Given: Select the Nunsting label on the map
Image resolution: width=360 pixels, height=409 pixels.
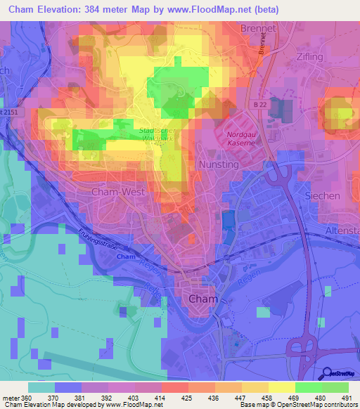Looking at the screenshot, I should pyautogui.click(x=219, y=164).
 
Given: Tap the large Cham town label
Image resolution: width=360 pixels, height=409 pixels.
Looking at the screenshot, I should pyautogui.click(x=204, y=299).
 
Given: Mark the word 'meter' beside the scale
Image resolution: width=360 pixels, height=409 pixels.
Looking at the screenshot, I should pyautogui.click(x=11, y=397).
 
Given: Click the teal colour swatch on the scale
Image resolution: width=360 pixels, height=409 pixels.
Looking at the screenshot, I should pyautogui.click(x=41, y=387).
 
